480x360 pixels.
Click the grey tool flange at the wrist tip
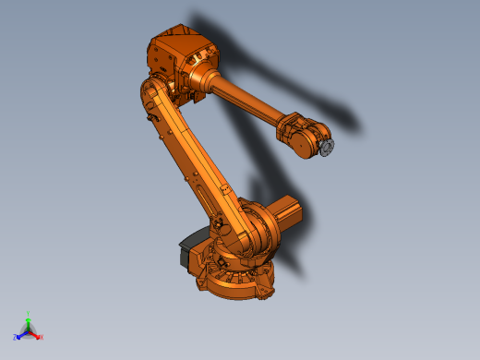pos(327,147)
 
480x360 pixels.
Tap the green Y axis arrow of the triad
pos(29,321)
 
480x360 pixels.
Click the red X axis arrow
pos(36,334)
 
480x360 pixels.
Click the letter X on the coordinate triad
pos(42,338)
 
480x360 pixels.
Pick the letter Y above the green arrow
pos(29,314)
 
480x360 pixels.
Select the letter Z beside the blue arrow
pos(16,338)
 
